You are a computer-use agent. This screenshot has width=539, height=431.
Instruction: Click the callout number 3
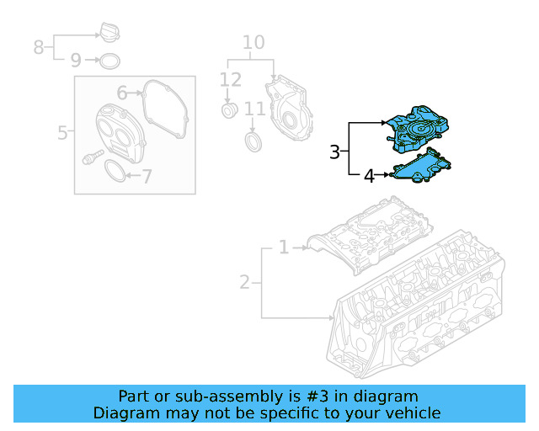click(334, 152)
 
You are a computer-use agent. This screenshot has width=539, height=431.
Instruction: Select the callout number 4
click(369, 176)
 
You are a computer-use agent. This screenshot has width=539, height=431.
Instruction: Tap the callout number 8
click(39, 47)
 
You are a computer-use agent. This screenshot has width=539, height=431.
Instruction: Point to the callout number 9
click(76, 61)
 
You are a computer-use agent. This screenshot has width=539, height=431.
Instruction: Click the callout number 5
click(62, 132)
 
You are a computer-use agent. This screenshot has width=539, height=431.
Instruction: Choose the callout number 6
click(121, 93)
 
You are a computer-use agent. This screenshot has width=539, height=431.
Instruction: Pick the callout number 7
click(147, 177)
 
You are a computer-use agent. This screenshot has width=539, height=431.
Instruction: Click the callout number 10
click(253, 43)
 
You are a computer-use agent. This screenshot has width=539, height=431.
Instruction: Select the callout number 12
click(230, 81)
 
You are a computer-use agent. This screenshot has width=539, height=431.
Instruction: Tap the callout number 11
click(254, 109)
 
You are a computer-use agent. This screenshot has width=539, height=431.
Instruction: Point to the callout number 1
click(284, 247)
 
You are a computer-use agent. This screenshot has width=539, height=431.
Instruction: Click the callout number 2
click(244, 282)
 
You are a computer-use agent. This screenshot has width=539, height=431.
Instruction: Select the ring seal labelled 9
click(109, 61)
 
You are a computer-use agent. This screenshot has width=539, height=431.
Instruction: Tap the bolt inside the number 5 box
click(92, 157)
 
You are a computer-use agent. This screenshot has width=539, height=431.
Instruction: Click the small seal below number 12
click(228, 112)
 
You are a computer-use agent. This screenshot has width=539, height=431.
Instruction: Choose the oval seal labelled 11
click(253, 139)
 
